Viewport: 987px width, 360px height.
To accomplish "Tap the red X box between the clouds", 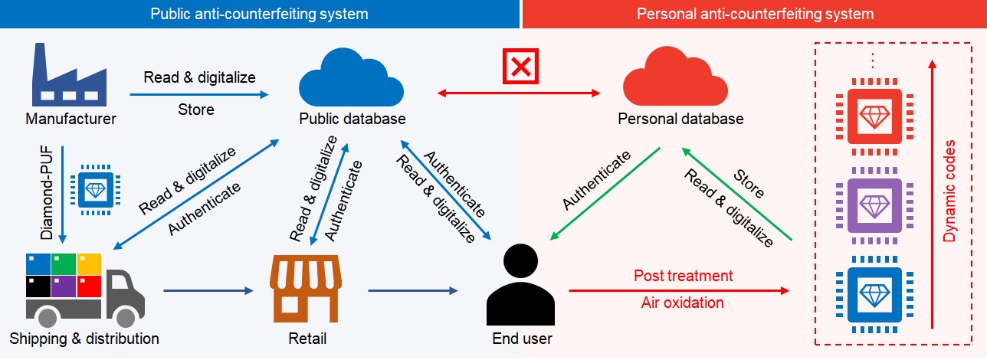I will coord(521,67).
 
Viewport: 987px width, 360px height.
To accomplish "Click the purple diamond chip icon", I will coord(874,205).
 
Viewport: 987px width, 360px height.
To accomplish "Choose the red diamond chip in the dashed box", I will coord(874,116).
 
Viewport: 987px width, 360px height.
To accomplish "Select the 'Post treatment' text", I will coord(683,276).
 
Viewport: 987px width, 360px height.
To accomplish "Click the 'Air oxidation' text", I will coord(682,303).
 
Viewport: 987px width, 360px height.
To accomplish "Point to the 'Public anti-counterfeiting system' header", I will coord(259,14).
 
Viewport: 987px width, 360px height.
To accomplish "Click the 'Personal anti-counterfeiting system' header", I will coord(755,14).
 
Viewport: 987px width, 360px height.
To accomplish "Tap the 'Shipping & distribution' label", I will coord(84,339).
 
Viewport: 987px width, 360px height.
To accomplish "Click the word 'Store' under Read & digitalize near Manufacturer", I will coord(195,110).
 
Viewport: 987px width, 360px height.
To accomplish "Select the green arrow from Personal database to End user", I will coord(605,191).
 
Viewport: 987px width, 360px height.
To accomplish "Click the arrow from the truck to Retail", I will coord(208,291).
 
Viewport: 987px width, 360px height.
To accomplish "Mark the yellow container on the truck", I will coord(90,264).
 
